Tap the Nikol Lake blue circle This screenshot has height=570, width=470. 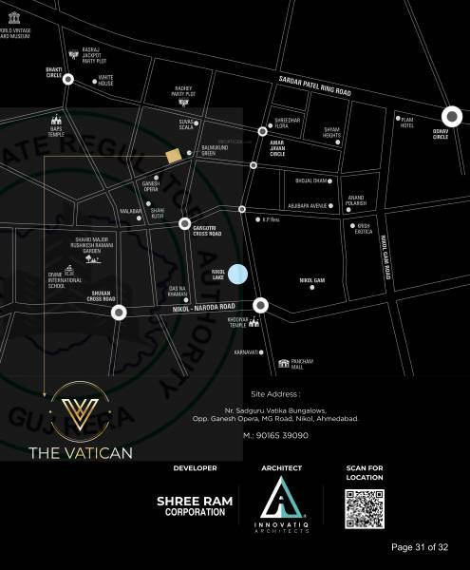(x=238, y=275)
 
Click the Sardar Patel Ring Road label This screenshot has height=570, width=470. (x=314, y=89)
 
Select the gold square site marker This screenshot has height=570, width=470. (x=173, y=156)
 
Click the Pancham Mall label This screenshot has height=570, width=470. (x=304, y=363)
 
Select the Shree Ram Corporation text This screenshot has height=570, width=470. (x=191, y=505)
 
